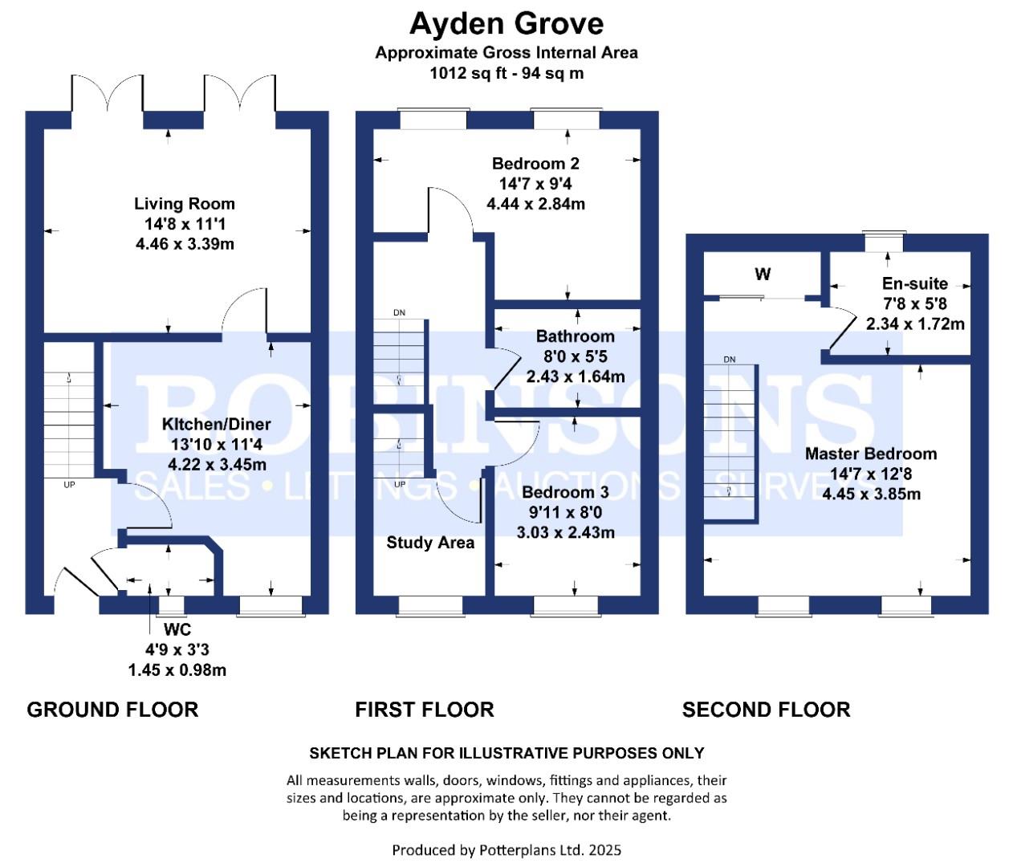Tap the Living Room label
(185, 203)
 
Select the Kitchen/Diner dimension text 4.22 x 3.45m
(217, 464)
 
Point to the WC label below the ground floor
(177, 629)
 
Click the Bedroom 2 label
(535, 163)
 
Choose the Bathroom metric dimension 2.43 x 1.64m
(576, 377)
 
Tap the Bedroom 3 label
(565, 491)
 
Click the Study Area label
(430, 543)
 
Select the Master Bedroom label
(871, 454)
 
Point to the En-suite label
(915, 283)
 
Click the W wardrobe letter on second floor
(763, 274)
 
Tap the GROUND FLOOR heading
(112, 710)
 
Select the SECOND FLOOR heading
(767, 710)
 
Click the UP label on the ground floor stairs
(69, 485)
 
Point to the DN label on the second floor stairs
(729, 360)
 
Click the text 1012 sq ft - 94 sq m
(506, 74)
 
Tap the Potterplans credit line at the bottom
(506, 850)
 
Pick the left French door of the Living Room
(108, 93)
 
